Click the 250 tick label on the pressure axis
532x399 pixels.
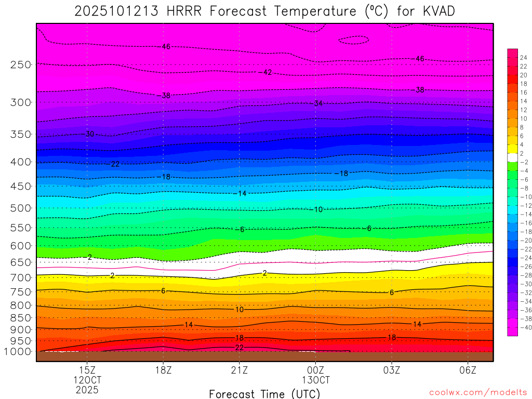point(20,65)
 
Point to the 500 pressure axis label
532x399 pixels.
point(20,208)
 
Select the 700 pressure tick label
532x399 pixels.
point(20,278)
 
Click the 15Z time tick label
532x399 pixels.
point(87,370)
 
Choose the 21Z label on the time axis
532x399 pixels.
point(240,370)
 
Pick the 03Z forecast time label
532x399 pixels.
point(392,370)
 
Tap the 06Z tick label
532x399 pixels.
point(468,370)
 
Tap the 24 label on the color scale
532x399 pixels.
point(523,58)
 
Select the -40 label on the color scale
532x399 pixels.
point(523,327)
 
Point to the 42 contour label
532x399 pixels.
point(268,72)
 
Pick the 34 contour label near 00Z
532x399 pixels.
point(318,103)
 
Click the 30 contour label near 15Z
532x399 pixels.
point(90,134)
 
